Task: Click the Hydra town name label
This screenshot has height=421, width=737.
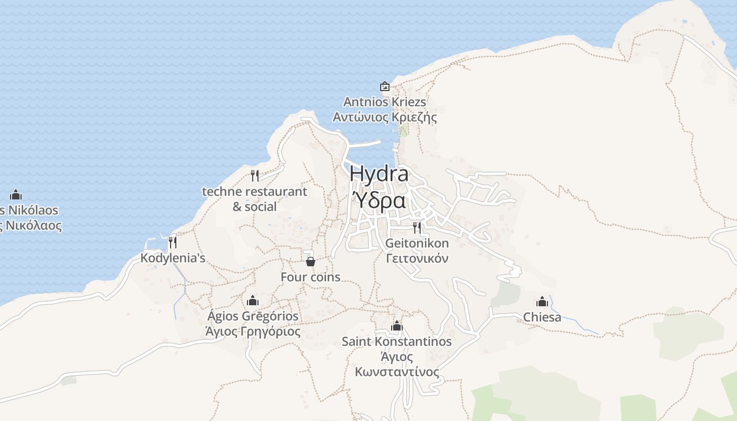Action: click(379, 174)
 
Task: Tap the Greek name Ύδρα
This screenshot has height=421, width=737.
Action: click(379, 200)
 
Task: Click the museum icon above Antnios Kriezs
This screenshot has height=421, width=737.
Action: click(385, 86)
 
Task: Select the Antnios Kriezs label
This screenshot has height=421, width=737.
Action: click(385, 102)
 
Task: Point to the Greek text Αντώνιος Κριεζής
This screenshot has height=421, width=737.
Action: click(385, 117)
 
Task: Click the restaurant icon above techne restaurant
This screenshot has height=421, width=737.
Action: click(255, 175)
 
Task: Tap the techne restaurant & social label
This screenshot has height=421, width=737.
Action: click(255, 198)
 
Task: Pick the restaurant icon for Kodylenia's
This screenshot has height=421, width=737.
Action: click(172, 243)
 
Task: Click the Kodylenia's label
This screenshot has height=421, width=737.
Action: click(173, 258)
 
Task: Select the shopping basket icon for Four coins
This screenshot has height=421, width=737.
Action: click(311, 261)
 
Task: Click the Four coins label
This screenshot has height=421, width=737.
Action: click(311, 277)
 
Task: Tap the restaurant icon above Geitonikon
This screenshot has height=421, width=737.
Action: click(417, 227)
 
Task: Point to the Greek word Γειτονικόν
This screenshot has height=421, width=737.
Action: click(417, 258)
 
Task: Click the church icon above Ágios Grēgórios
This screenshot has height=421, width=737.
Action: click(253, 300)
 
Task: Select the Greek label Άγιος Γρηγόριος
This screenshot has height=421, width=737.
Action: click(253, 332)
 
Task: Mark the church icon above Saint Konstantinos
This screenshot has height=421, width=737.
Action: click(397, 326)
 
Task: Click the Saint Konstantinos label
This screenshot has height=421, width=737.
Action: click(397, 342)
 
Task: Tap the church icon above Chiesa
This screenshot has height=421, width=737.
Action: click(542, 302)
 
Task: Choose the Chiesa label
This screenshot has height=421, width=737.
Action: click(542, 317)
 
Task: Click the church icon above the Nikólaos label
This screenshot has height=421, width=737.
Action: click(16, 195)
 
